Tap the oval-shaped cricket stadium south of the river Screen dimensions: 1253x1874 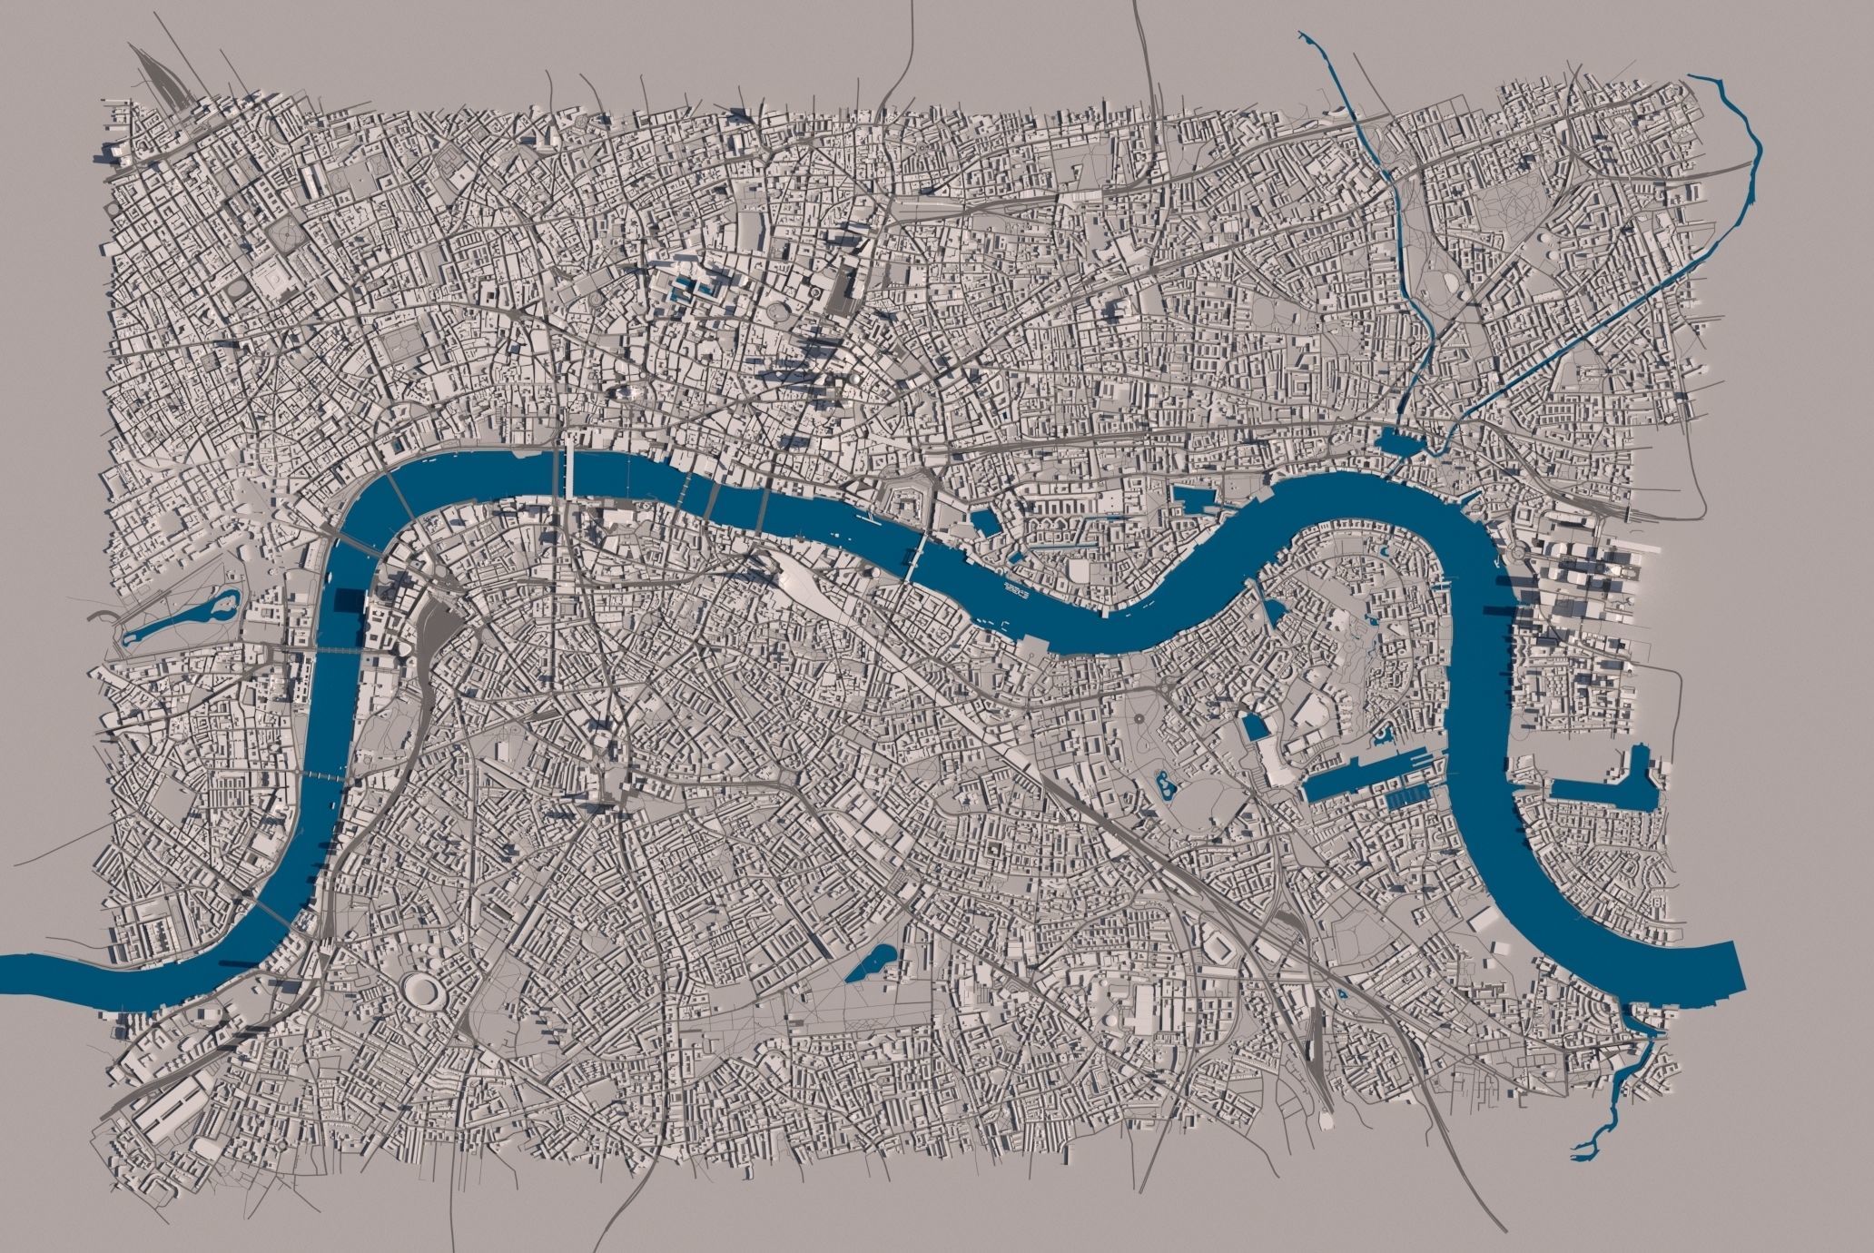pyautogui.click(x=419, y=989)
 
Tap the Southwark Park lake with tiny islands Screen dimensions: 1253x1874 pyautogui.click(x=1161, y=783)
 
